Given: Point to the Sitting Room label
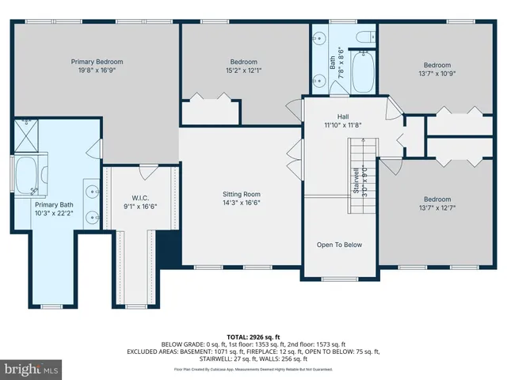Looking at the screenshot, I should point(241,194).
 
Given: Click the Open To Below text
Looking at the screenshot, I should point(339,245).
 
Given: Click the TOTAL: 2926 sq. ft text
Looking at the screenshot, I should point(253,336).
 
